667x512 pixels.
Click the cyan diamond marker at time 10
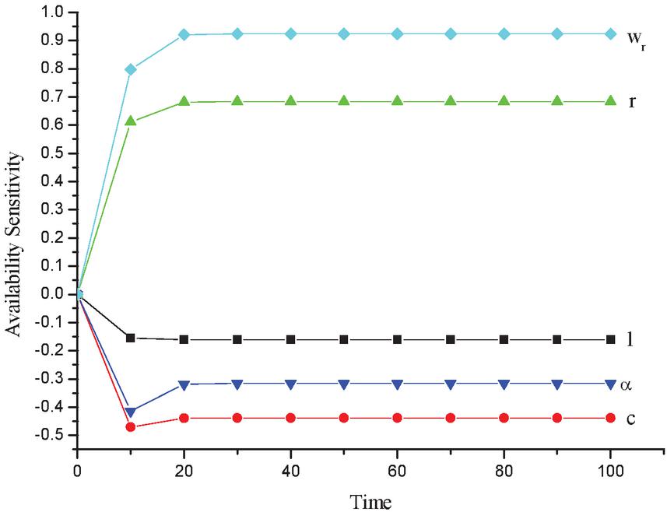point(131,69)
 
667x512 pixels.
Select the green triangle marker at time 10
point(131,121)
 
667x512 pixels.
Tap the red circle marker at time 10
point(131,427)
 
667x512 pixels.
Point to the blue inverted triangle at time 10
point(131,412)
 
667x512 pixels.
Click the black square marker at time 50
point(344,339)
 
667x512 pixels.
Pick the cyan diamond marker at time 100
point(610,33)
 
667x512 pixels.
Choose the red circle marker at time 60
point(397,418)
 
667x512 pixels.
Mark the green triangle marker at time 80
point(504,101)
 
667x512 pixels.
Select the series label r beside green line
point(633,102)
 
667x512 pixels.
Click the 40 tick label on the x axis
point(290,472)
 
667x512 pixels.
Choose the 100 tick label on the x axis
point(610,472)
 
